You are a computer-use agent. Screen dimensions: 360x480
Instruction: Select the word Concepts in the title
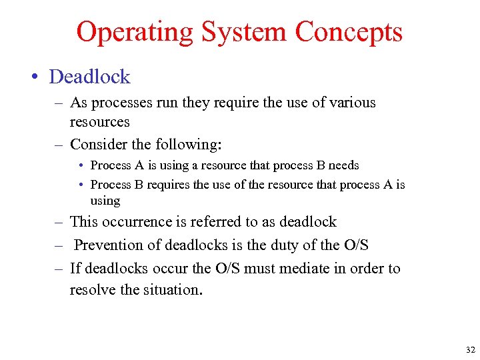pos(349,32)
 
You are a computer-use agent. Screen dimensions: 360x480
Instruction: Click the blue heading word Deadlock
pos(89,77)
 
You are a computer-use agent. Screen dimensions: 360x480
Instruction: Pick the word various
pos(353,103)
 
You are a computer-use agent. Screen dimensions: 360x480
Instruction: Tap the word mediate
pos(304,269)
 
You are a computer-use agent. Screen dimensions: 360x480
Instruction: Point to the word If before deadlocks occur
pos(75,269)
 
